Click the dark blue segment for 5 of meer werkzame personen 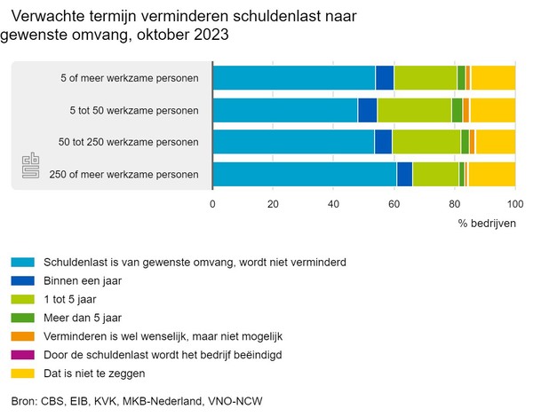385,78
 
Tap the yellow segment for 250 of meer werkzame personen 492,174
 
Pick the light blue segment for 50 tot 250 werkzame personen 293,142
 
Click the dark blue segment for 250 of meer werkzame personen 404,174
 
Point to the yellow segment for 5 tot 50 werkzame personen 492,110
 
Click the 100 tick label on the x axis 515,204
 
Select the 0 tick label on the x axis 212,204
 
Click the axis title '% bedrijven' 487,223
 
